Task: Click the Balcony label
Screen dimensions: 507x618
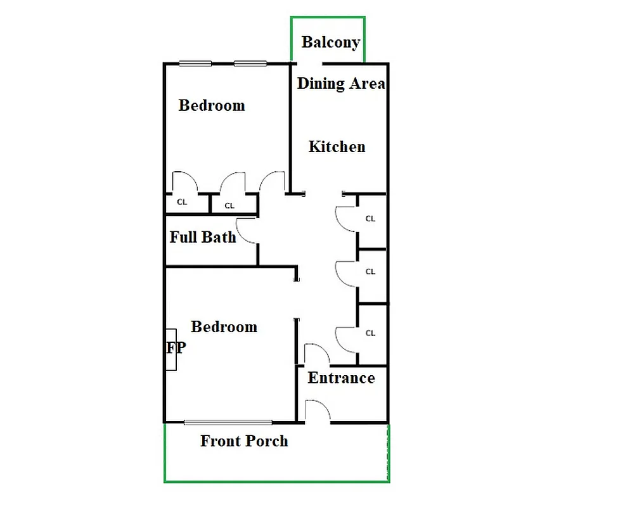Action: coord(330,42)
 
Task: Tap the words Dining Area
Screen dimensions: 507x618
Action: coord(341,83)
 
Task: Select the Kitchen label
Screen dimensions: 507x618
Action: coord(337,146)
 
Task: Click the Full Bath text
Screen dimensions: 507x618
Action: coord(202,237)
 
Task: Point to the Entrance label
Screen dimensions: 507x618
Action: coord(341,378)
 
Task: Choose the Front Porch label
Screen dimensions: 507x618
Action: coord(244,441)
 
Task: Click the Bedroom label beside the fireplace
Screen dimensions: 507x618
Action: coord(224,327)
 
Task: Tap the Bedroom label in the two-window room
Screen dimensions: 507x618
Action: coord(212,105)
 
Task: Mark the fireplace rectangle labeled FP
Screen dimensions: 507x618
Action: coord(171,349)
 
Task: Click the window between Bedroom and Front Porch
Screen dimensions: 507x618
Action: coord(228,422)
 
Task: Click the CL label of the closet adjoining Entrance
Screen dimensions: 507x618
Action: coord(370,333)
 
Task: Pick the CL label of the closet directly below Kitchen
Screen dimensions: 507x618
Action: coord(370,219)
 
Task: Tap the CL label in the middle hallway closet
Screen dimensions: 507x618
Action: coord(370,271)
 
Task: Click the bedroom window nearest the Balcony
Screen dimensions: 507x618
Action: coord(250,63)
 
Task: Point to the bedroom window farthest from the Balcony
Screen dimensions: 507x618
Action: coord(195,63)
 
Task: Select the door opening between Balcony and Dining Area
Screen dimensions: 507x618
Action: coord(307,63)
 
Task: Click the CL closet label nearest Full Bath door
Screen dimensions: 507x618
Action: coord(229,205)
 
